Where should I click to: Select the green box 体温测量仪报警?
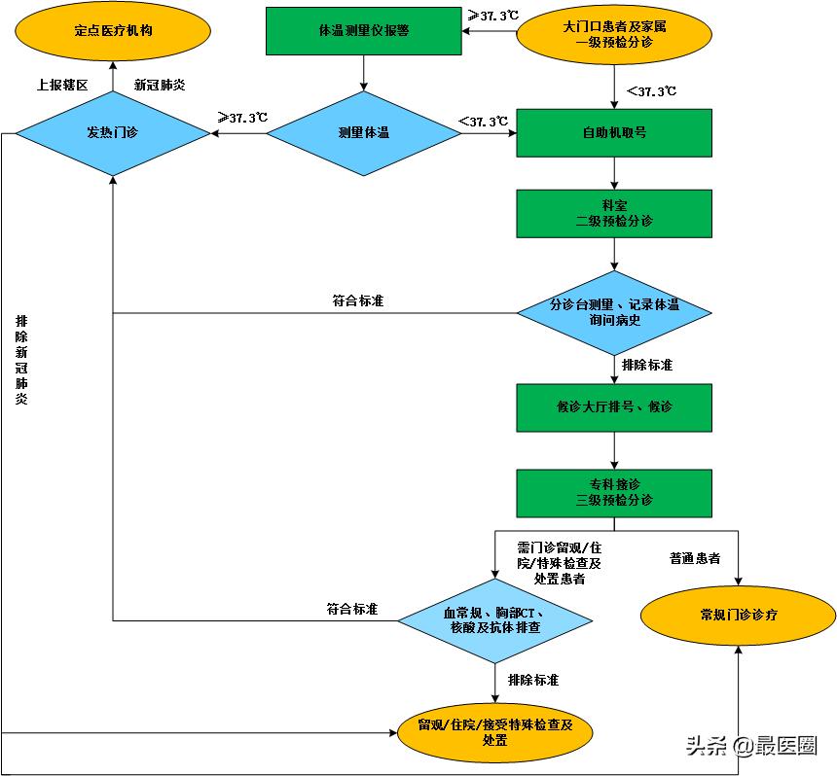pos(363,31)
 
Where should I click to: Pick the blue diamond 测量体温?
pos(363,133)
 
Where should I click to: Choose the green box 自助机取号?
pos(613,133)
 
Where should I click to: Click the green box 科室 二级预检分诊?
pos(613,214)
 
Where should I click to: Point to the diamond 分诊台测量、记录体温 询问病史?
pos(613,312)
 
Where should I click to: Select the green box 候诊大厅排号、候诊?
pos(613,406)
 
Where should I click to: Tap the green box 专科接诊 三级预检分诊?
pos(613,493)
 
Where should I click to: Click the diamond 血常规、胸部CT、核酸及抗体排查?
pos(495,621)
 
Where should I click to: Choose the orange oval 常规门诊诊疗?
pos(739,616)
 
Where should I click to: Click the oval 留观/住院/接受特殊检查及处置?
pos(494,732)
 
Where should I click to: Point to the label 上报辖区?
pos(62,86)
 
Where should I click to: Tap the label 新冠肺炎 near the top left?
pos(160,86)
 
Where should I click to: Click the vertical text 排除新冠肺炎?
pos(21,359)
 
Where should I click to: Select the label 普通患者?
pos(695,559)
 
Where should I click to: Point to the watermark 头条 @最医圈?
pos(750,746)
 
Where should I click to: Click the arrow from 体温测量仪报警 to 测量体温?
pos(363,73)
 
